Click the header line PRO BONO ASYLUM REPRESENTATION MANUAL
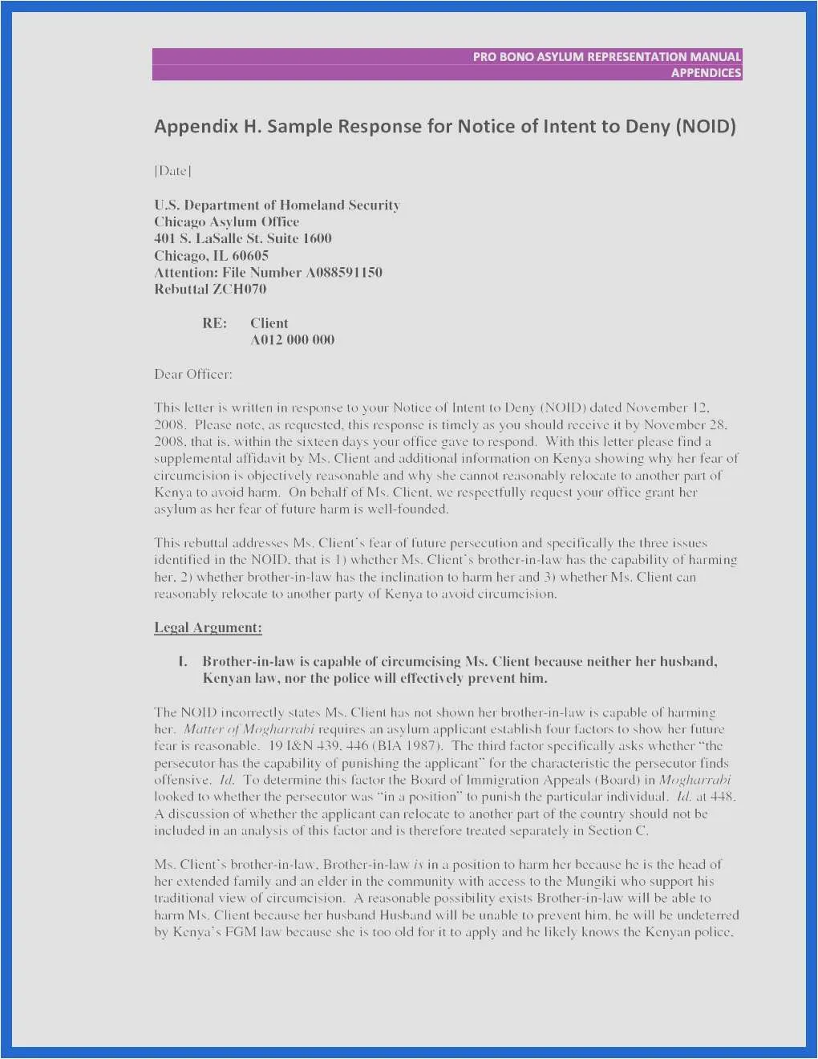pyautogui.click(x=606, y=57)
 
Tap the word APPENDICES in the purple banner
pyautogui.click(x=706, y=73)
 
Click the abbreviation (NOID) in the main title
pyautogui.click(x=706, y=127)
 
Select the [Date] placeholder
pyautogui.click(x=172, y=171)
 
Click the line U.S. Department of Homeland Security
pyautogui.click(x=277, y=205)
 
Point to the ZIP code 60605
pyautogui.click(x=250, y=256)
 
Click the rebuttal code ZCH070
pyautogui.click(x=239, y=290)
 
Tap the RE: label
pyautogui.click(x=214, y=323)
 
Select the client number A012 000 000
pyautogui.click(x=292, y=340)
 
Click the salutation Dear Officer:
pyautogui.click(x=193, y=375)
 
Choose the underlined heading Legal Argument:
pyautogui.click(x=208, y=628)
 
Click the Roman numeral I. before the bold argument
pyautogui.click(x=183, y=662)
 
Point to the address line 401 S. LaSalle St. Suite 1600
pyautogui.click(x=242, y=239)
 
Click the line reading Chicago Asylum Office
pyautogui.click(x=226, y=222)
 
